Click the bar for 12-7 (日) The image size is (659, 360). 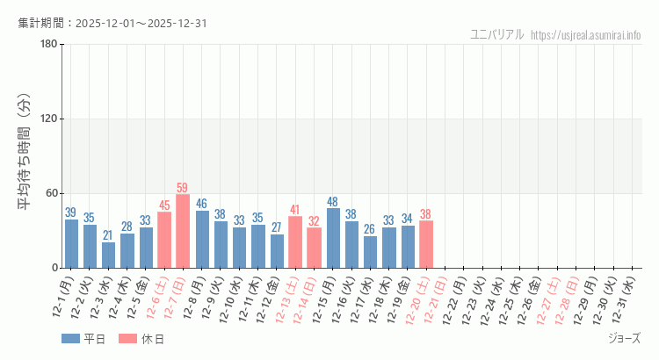tap(183, 231)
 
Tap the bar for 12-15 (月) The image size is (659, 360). tap(333, 238)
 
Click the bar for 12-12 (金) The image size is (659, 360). tap(277, 251)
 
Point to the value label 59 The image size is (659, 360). tap(183, 188)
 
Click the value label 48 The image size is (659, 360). tap(333, 201)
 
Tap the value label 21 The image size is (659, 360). tap(108, 235)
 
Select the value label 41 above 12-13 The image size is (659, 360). tap(295, 210)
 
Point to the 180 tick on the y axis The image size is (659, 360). tap(48, 45)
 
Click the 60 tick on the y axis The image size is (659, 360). tap(51, 193)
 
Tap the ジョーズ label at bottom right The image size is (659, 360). tap(624, 338)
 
